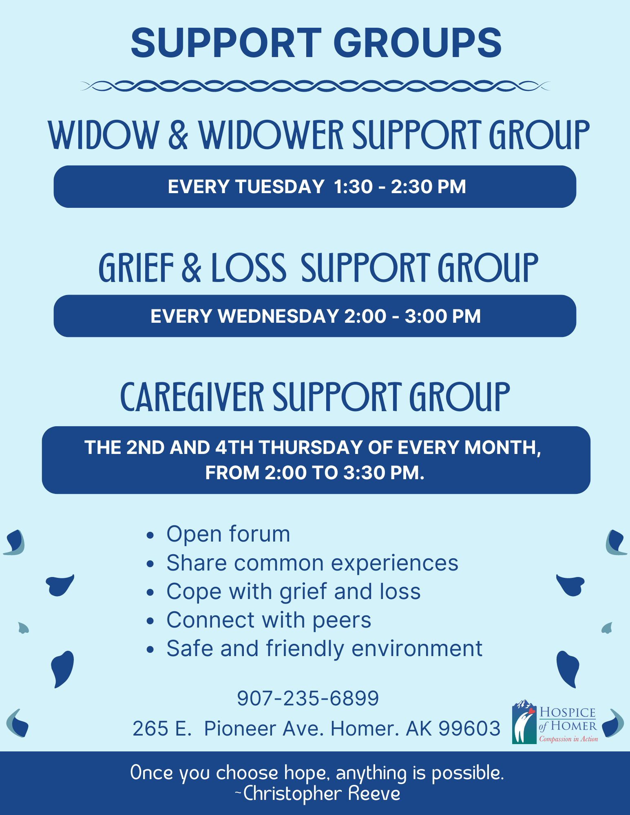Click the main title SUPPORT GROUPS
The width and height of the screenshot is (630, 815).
click(316, 43)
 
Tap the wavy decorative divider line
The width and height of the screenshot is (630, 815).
click(315, 86)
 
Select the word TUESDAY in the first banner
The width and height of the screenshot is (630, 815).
click(280, 187)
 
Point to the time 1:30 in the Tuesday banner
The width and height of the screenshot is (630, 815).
click(353, 187)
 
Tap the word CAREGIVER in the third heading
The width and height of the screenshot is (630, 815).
click(192, 397)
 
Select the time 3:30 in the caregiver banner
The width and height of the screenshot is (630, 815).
click(364, 473)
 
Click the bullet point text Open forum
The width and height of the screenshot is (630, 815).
click(228, 534)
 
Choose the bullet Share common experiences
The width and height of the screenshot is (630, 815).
click(312, 563)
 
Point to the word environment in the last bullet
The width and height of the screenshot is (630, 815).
click(417, 648)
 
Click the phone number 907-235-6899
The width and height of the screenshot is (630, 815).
click(308, 698)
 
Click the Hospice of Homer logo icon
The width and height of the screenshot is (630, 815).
click(524, 722)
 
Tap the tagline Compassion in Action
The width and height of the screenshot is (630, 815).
click(568, 739)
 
